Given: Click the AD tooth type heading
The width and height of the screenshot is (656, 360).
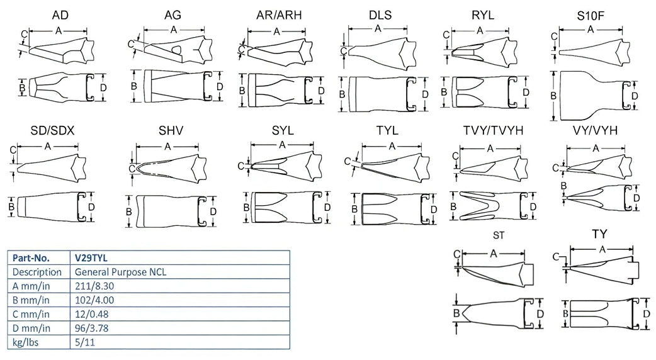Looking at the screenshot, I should point(60,15).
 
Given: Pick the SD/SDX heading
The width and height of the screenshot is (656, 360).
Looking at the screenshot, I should point(53,131).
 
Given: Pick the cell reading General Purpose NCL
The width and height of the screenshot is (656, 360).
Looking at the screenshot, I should point(120,272).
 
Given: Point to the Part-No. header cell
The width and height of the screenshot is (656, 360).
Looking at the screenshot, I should point(31,257).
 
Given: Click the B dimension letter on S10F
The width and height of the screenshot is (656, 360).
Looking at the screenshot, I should point(553,96).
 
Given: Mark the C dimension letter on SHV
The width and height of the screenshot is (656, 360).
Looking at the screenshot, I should point(132,168).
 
